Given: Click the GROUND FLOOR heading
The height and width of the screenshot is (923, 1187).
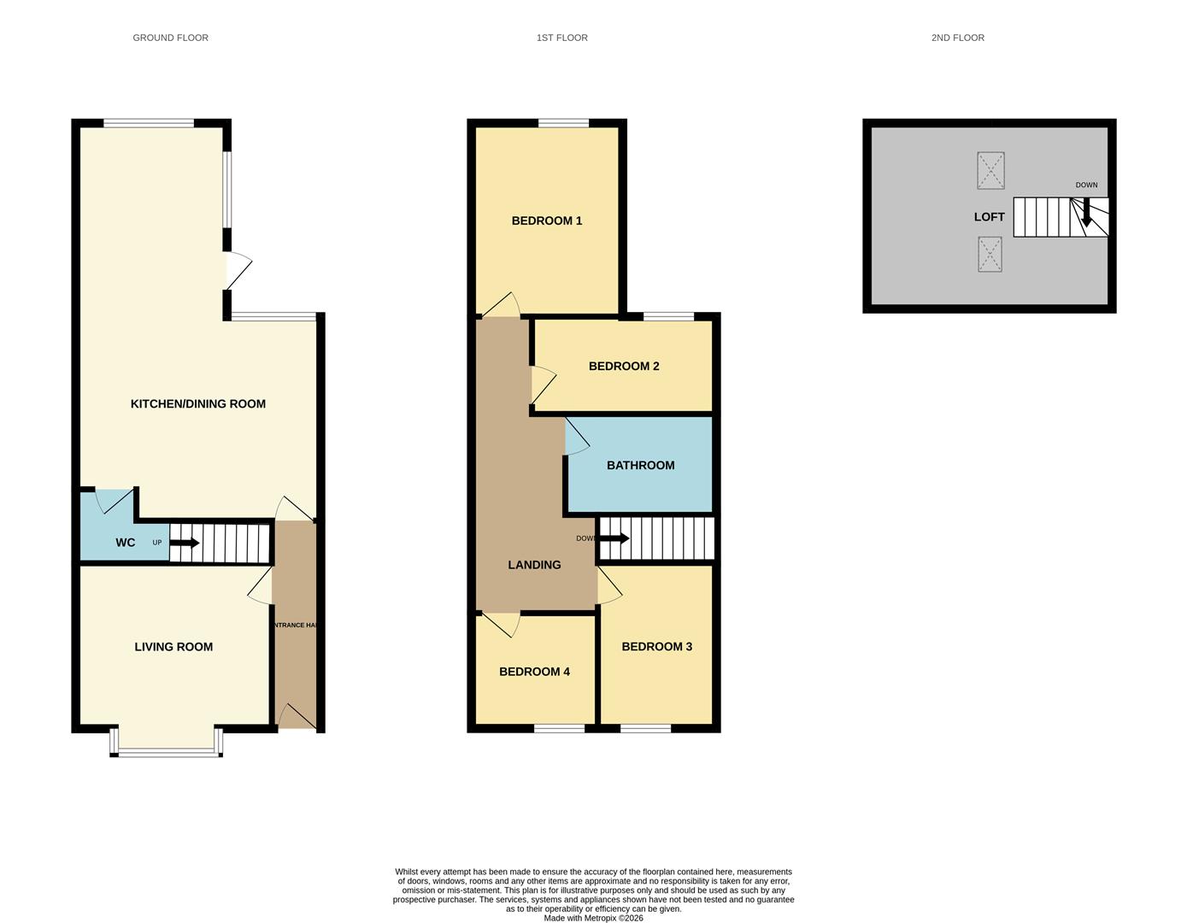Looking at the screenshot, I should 170,38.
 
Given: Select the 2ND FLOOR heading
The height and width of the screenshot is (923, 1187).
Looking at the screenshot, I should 957,38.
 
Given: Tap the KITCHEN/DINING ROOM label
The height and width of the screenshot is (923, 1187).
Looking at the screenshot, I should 198,403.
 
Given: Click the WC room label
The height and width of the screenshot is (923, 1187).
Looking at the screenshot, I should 126,543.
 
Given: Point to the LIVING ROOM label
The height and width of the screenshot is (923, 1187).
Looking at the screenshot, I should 173,647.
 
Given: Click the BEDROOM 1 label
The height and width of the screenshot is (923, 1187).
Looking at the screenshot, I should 547,220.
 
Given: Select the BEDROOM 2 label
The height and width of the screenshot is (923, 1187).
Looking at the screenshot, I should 624,366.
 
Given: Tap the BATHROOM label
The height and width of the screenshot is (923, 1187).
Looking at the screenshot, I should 641,465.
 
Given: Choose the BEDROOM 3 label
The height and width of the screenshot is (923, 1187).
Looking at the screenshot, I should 657,646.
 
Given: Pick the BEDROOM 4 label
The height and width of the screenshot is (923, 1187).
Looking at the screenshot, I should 535,672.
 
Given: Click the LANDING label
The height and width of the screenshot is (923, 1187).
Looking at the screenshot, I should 534,565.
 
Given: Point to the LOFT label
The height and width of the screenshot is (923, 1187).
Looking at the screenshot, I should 990,217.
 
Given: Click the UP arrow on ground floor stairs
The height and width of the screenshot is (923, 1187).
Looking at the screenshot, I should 185,543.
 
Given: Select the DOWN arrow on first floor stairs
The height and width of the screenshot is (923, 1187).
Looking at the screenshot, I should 614,538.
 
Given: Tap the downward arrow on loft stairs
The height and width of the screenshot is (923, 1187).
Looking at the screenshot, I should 1086,214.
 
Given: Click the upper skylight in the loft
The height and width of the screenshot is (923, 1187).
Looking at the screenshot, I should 990,171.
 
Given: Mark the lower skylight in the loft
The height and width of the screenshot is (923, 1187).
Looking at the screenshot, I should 990,254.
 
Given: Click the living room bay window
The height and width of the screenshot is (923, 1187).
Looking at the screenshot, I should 167,751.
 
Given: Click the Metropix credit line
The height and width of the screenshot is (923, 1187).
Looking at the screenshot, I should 593,918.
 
